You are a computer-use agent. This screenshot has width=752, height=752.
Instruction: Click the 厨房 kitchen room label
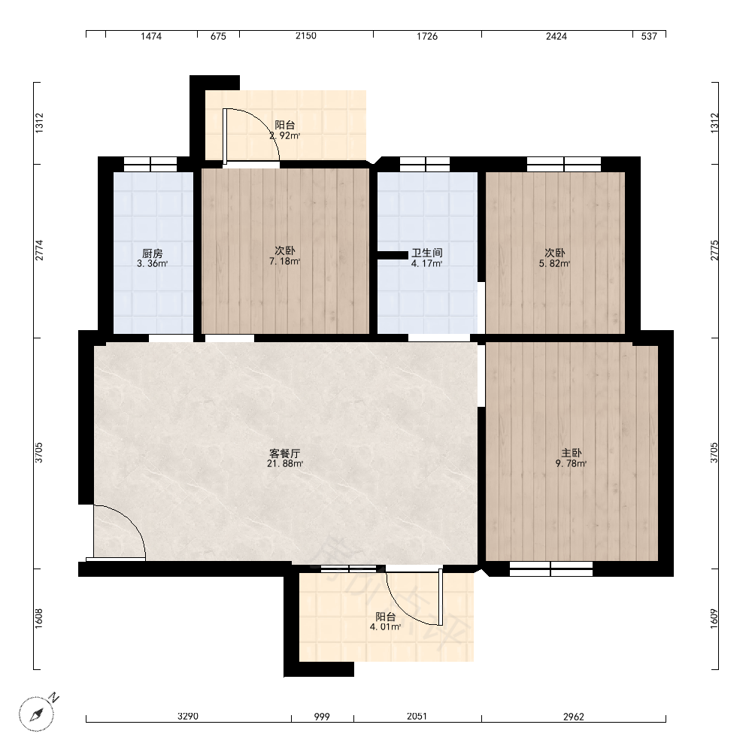[x=152, y=253]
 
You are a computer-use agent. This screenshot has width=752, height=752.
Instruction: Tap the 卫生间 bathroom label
[x=427, y=253]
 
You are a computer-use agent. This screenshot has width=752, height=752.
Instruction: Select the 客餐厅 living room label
[x=285, y=453]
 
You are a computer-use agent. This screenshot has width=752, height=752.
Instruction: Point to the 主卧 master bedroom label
[x=572, y=453]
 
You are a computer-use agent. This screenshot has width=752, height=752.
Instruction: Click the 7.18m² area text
[x=285, y=262]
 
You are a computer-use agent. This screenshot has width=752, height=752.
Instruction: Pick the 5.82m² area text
[x=554, y=263]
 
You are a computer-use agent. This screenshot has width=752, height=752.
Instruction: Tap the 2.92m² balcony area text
[x=285, y=135]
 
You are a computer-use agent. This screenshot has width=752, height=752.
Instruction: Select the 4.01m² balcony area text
[x=385, y=627]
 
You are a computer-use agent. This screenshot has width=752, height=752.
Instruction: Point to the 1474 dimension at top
[x=151, y=36]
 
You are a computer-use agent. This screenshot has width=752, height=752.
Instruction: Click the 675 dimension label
[x=218, y=36]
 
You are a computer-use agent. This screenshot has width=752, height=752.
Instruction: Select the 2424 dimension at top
[x=556, y=36]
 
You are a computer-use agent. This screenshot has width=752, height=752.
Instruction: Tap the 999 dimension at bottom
[x=322, y=717]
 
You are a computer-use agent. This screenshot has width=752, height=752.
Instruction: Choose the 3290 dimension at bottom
[x=187, y=717]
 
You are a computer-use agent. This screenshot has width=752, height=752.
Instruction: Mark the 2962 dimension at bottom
[x=574, y=717]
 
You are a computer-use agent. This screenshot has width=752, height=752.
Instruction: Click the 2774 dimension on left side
[x=39, y=250]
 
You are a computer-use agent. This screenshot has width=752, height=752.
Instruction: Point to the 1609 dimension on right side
[x=714, y=619]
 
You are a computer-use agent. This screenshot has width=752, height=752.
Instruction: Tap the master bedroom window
[x=551, y=569]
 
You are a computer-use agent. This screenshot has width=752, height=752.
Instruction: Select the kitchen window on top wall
[x=150, y=164]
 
